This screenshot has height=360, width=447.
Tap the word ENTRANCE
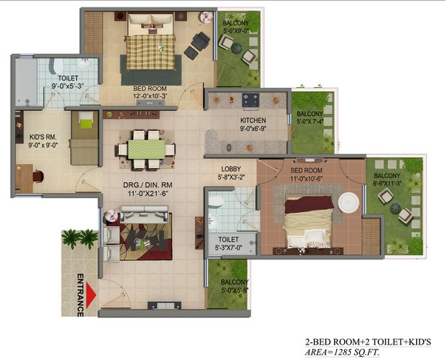pyautogui.click(x=81, y=295)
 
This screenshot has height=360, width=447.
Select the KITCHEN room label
pyautogui.click(x=253, y=120)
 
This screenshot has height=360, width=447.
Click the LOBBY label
pyautogui.click(x=231, y=169)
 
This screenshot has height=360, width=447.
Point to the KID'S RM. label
pyautogui.click(x=43, y=137)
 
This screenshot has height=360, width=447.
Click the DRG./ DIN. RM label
pyautogui.click(x=148, y=185)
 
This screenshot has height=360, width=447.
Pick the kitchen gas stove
pyautogui.click(x=250, y=101)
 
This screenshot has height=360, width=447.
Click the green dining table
pyautogui.click(x=146, y=149)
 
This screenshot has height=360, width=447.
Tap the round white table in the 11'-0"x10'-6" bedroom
pyautogui.click(x=349, y=203)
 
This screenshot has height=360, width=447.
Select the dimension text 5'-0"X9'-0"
pyautogui.click(x=236, y=30)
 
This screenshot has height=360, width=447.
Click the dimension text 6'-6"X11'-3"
pyautogui.click(x=387, y=183)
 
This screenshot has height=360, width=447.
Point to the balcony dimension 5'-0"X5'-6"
pyautogui.click(x=235, y=290)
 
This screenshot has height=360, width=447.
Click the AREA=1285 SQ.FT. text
pyautogui.click(x=342, y=352)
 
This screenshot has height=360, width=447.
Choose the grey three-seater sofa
pyautogui.click(x=144, y=214)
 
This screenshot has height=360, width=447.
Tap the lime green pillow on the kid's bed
pyautogui.click(x=86, y=124)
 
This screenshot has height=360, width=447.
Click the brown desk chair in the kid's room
pyautogui.click(x=38, y=176)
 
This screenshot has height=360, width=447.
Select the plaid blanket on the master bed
pyautogui.click(x=151, y=52)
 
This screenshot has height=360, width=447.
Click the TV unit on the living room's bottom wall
pyautogui.click(x=164, y=305)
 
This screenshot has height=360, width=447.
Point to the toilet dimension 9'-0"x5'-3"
pyautogui.click(x=67, y=85)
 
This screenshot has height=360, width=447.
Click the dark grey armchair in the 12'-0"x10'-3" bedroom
pyautogui.click(x=200, y=41)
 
